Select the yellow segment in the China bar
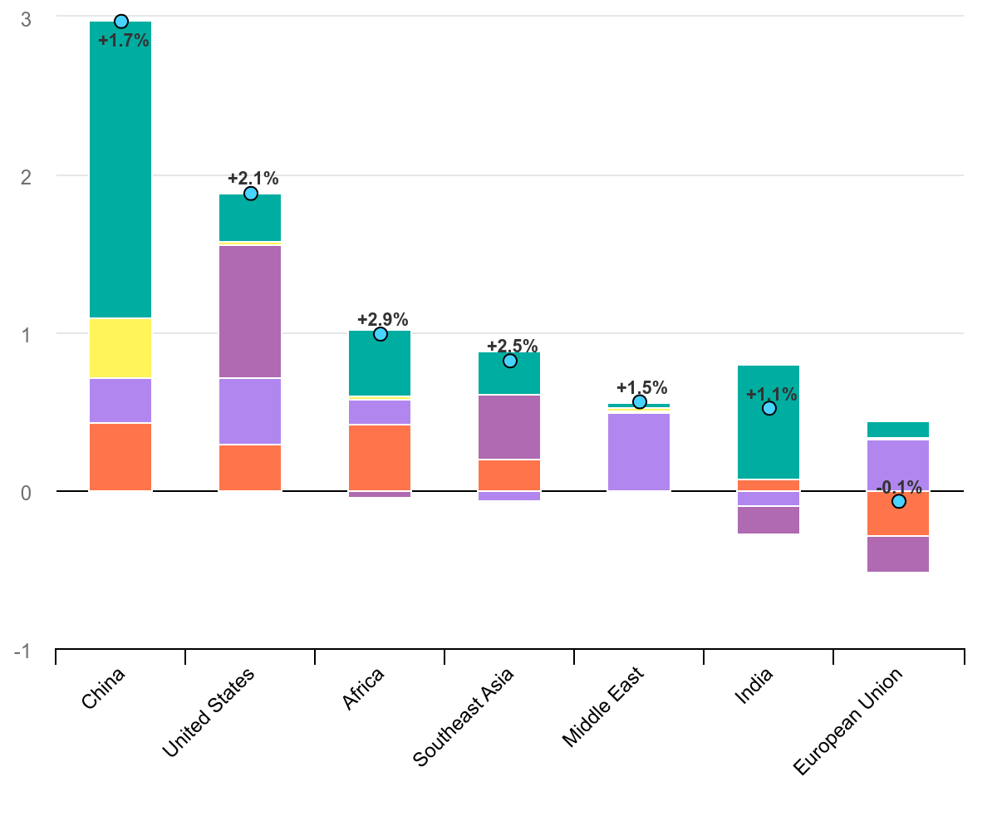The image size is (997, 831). (x=120, y=348)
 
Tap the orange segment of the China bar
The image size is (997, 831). (x=120, y=457)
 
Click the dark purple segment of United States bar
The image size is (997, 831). (x=250, y=312)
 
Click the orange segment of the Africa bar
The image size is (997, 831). (x=380, y=457)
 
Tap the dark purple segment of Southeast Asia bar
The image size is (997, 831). (x=509, y=427)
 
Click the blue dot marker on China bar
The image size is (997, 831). (x=121, y=22)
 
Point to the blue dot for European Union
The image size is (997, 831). (x=899, y=501)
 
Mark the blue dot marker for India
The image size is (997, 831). (x=769, y=408)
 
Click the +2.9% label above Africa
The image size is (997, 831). (x=383, y=319)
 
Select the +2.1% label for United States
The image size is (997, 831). (x=253, y=178)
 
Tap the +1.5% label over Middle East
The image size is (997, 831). (x=642, y=387)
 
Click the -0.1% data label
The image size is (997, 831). (x=899, y=487)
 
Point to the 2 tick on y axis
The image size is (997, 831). (x=25, y=176)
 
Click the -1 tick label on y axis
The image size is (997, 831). (x=22, y=651)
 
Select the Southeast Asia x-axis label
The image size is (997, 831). (x=464, y=717)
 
